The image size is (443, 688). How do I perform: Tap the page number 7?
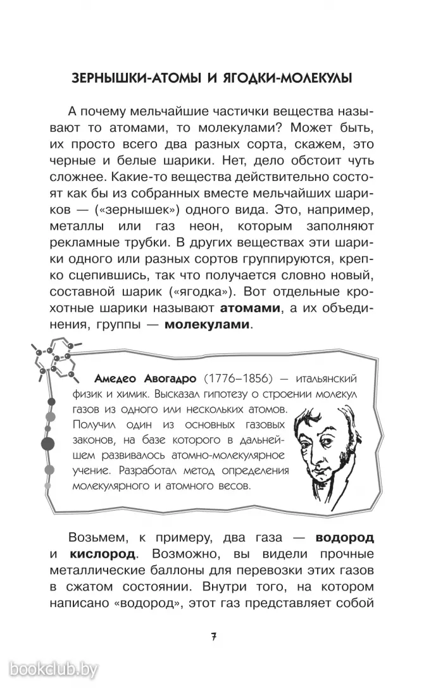coord(215,637)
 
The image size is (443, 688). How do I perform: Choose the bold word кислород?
coord(99,554)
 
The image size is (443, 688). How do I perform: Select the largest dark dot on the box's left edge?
coord(47,443)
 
